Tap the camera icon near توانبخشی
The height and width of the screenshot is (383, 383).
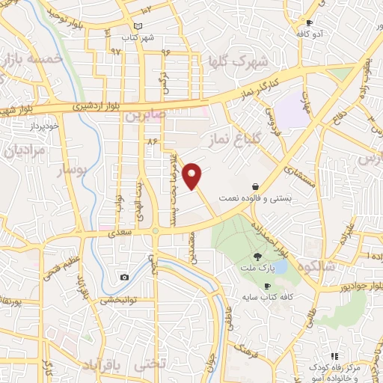tap(124, 278)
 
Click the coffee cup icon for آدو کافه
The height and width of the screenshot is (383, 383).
tap(309, 22)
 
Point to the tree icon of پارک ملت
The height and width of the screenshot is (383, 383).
tap(258, 256)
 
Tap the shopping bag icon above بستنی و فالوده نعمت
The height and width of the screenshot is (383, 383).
tap(256, 186)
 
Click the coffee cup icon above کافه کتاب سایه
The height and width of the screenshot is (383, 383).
tap(267, 287)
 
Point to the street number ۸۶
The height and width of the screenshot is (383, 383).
tap(153, 141)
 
